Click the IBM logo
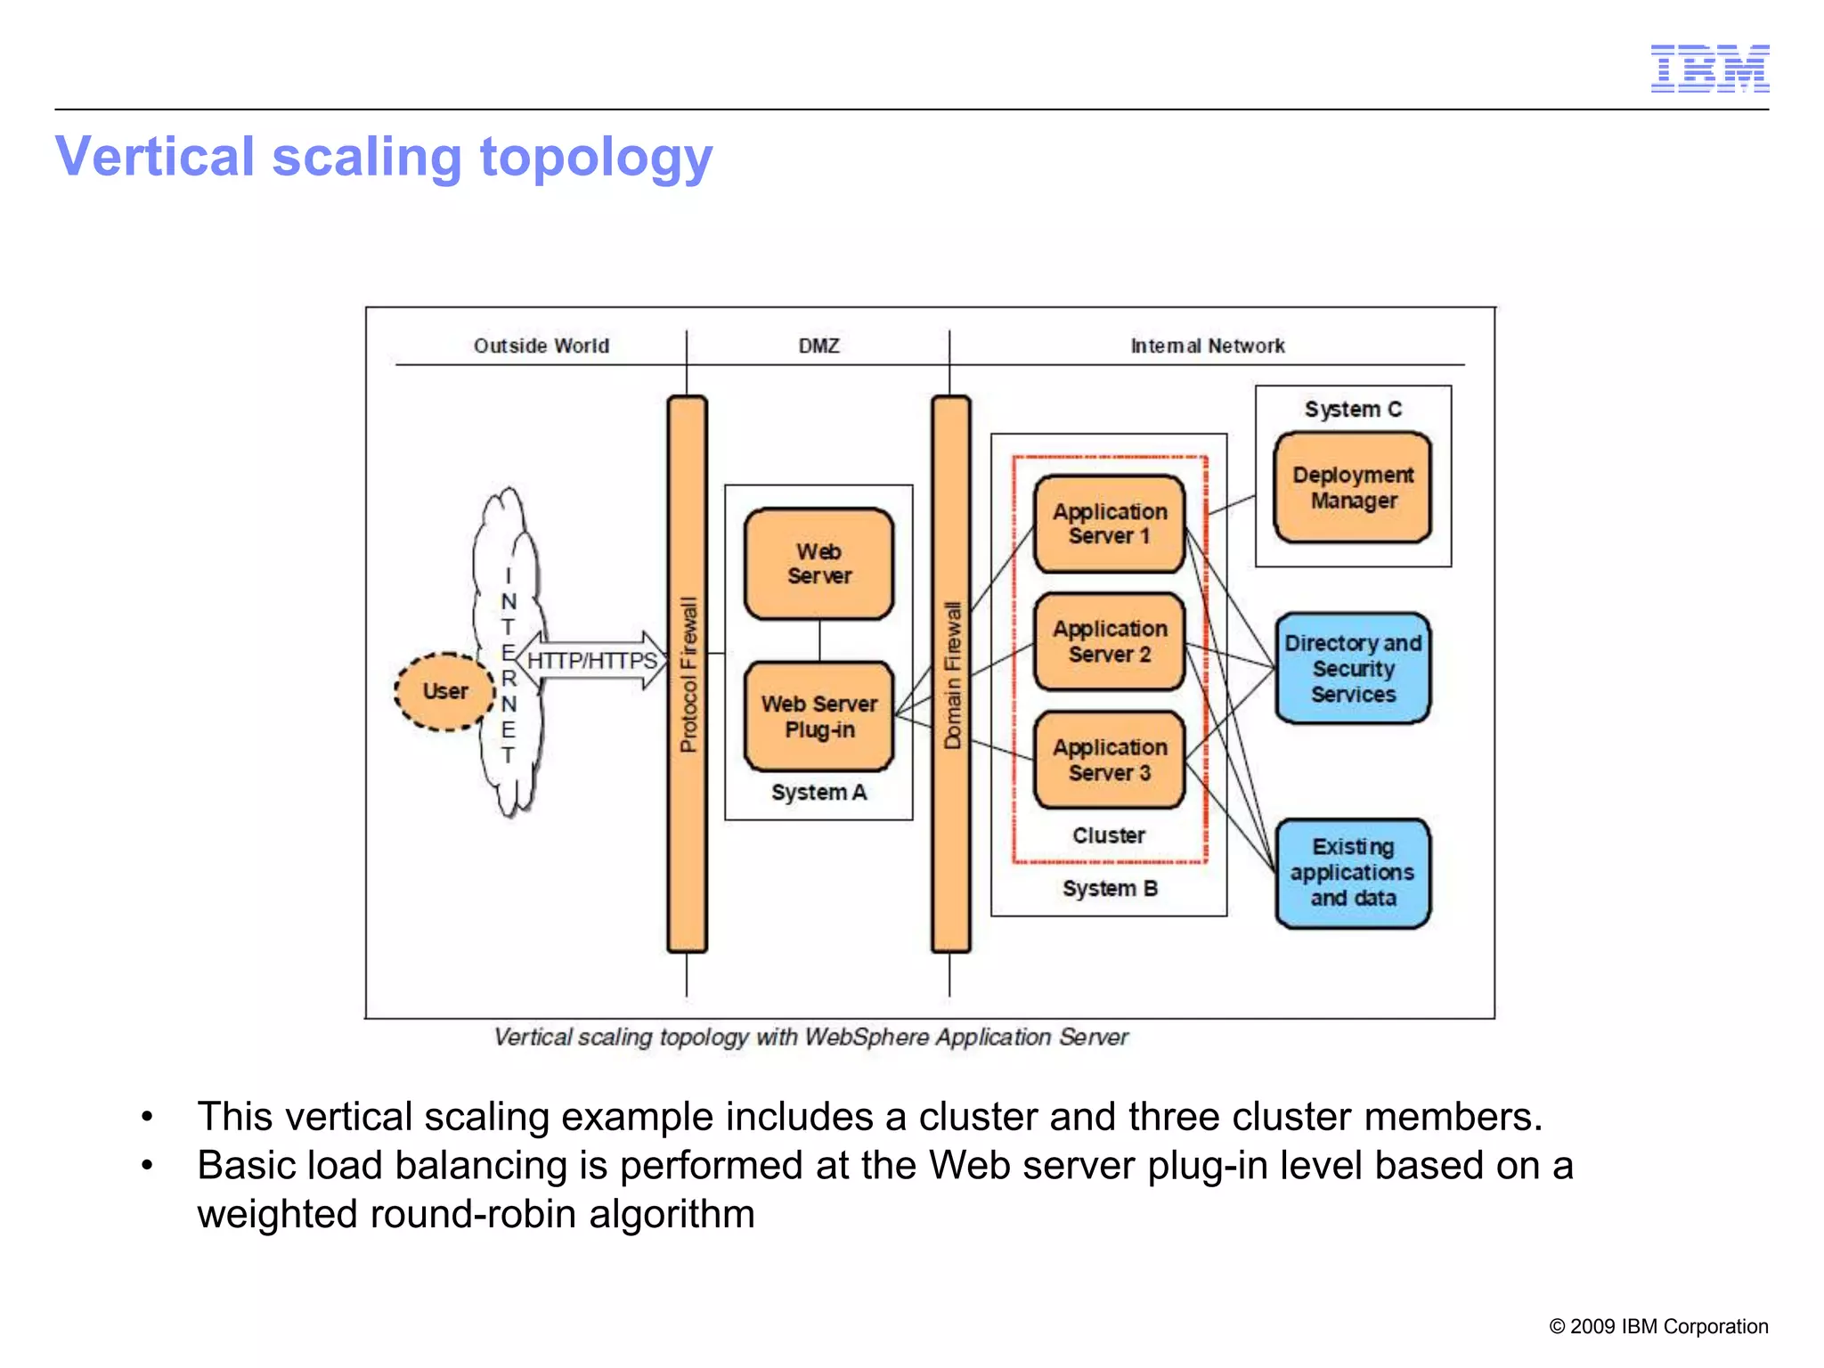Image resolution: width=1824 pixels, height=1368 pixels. click(1709, 68)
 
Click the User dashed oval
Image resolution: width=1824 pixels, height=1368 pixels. click(444, 692)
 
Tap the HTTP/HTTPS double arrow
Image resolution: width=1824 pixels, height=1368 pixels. click(591, 660)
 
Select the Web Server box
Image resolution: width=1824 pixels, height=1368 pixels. click(818, 564)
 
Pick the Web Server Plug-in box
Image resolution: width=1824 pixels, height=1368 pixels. click(818, 716)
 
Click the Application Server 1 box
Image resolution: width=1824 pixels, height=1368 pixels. click(1109, 524)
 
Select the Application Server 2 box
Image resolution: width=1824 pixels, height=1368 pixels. click(1109, 641)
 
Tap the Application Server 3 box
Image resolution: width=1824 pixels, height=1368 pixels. click(1109, 760)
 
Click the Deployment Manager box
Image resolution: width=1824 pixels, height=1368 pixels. click(1352, 487)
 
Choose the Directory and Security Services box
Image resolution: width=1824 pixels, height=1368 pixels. click(1352, 668)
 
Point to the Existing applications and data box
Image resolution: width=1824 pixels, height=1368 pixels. click(1352, 873)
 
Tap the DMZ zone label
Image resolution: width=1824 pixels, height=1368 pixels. click(818, 346)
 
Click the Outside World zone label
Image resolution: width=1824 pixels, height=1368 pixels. click(541, 346)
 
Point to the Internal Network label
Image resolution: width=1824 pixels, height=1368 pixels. click(1207, 346)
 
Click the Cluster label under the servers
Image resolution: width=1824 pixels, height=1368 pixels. click(1108, 835)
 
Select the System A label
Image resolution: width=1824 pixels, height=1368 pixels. click(818, 792)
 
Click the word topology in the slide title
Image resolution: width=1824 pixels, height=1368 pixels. click(596, 158)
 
